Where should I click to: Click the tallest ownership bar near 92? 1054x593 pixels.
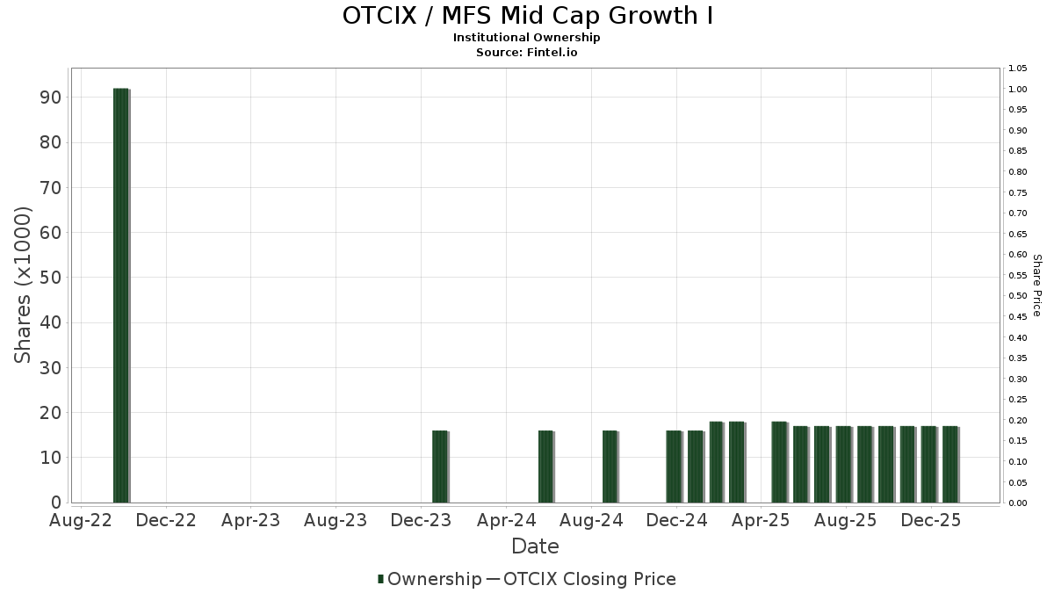pyautogui.click(x=121, y=295)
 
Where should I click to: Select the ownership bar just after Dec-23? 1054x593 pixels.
pyautogui.click(x=440, y=466)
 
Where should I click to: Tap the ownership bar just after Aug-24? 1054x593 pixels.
pyautogui.click(x=610, y=466)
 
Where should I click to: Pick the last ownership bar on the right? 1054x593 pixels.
pyautogui.click(x=950, y=464)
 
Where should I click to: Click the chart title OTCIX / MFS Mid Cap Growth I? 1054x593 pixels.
pyautogui.click(x=527, y=16)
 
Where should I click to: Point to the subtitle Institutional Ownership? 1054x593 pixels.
pyautogui.click(x=527, y=38)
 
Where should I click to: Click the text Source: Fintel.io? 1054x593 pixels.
pyautogui.click(x=527, y=53)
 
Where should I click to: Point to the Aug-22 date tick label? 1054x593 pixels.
pyautogui.click(x=82, y=520)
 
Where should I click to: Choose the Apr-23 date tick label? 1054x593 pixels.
pyautogui.click(x=251, y=520)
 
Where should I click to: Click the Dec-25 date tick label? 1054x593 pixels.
pyautogui.click(x=932, y=520)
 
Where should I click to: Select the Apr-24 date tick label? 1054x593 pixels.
pyautogui.click(x=507, y=520)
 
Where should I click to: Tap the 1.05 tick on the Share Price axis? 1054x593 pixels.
pyautogui.click(x=1018, y=69)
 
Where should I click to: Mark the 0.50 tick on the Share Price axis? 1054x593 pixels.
pyautogui.click(x=1018, y=296)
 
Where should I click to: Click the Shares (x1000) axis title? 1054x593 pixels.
pyautogui.click(x=24, y=285)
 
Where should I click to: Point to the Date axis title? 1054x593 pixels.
pyautogui.click(x=535, y=546)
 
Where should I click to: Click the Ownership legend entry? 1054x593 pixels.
pyautogui.click(x=430, y=579)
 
